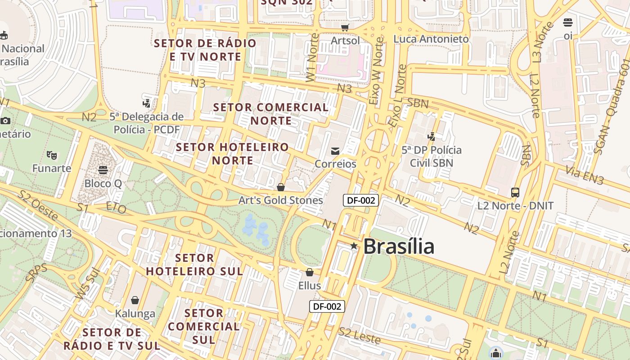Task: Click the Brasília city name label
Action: pyautogui.click(x=399, y=246)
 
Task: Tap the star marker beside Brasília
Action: pyautogui.click(x=354, y=246)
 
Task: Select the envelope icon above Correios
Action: pyautogui.click(x=335, y=151)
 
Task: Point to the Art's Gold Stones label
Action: pyautogui.click(x=281, y=200)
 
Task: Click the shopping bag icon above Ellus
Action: pyautogui.click(x=310, y=273)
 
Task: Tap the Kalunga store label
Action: pyautogui.click(x=135, y=314)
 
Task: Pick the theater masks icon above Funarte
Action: pyautogui.click(x=52, y=156)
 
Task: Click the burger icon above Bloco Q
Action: pyautogui.click(x=103, y=170)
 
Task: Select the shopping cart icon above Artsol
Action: pyautogui.click(x=345, y=28)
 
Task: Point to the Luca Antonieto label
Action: pyautogui.click(x=431, y=39)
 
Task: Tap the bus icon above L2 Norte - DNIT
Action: pyautogui.click(x=515, y=193)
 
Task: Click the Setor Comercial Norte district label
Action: pyautogui.click(x=271, y=114)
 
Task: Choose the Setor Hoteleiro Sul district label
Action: pyautogui.click(x=194, y=265)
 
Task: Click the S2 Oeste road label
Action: pyautogui.click(x=38, y=206)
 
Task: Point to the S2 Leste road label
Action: pyautogui.click(x=360, y=336)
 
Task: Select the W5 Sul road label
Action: pyautogui.click(x=85, y=284)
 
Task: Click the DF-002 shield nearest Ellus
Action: pyautogui.click(x=327, y=306)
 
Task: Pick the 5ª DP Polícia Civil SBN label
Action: pyautogui.click(x=432, y=156)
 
